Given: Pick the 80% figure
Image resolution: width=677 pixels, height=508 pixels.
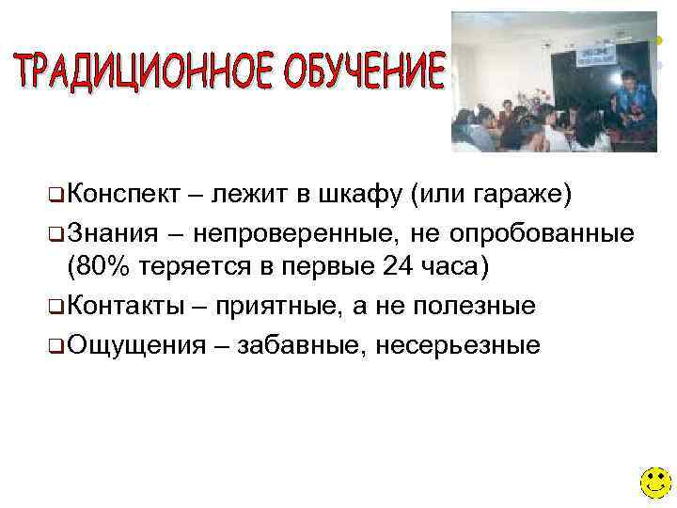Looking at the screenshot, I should (x=102, y=267).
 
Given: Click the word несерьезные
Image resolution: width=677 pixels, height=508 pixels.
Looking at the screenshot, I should (x=458, y=344).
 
